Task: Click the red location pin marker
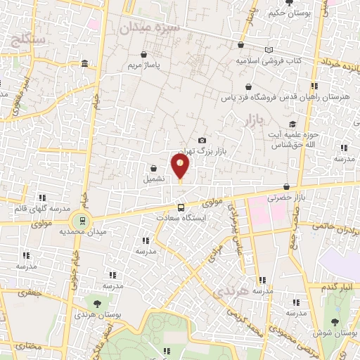pyautogui.click(x=180, y=166)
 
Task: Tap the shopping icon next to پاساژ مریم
pyautogui.click(x=144, y=54)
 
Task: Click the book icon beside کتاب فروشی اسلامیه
pyautogui.click(x=269, y=49)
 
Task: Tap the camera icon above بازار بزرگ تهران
pyautogui.click(x=202, y=141)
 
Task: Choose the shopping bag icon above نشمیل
pyautogui.click(x=153, y=168)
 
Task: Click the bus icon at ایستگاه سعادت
pyautogui.click(x=181, y=207)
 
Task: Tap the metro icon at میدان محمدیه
pyautogui.click(x=83, y=220)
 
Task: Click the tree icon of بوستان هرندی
pyautogui.click(x=96, y=303)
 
